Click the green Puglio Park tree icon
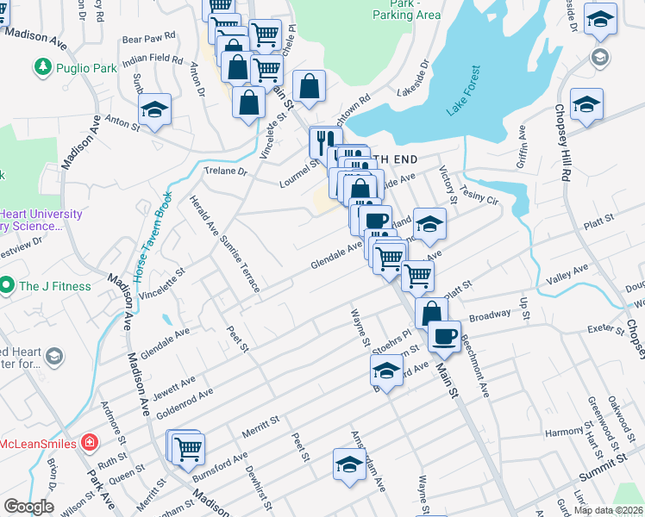point(41,65)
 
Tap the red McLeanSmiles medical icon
point(89,442)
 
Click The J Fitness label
point(54,285)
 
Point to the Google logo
point(28,507)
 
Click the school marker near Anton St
point(155,109)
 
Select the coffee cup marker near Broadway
point(444,335)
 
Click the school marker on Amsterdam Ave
point(348,464)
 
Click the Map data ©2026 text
point(607,510)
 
